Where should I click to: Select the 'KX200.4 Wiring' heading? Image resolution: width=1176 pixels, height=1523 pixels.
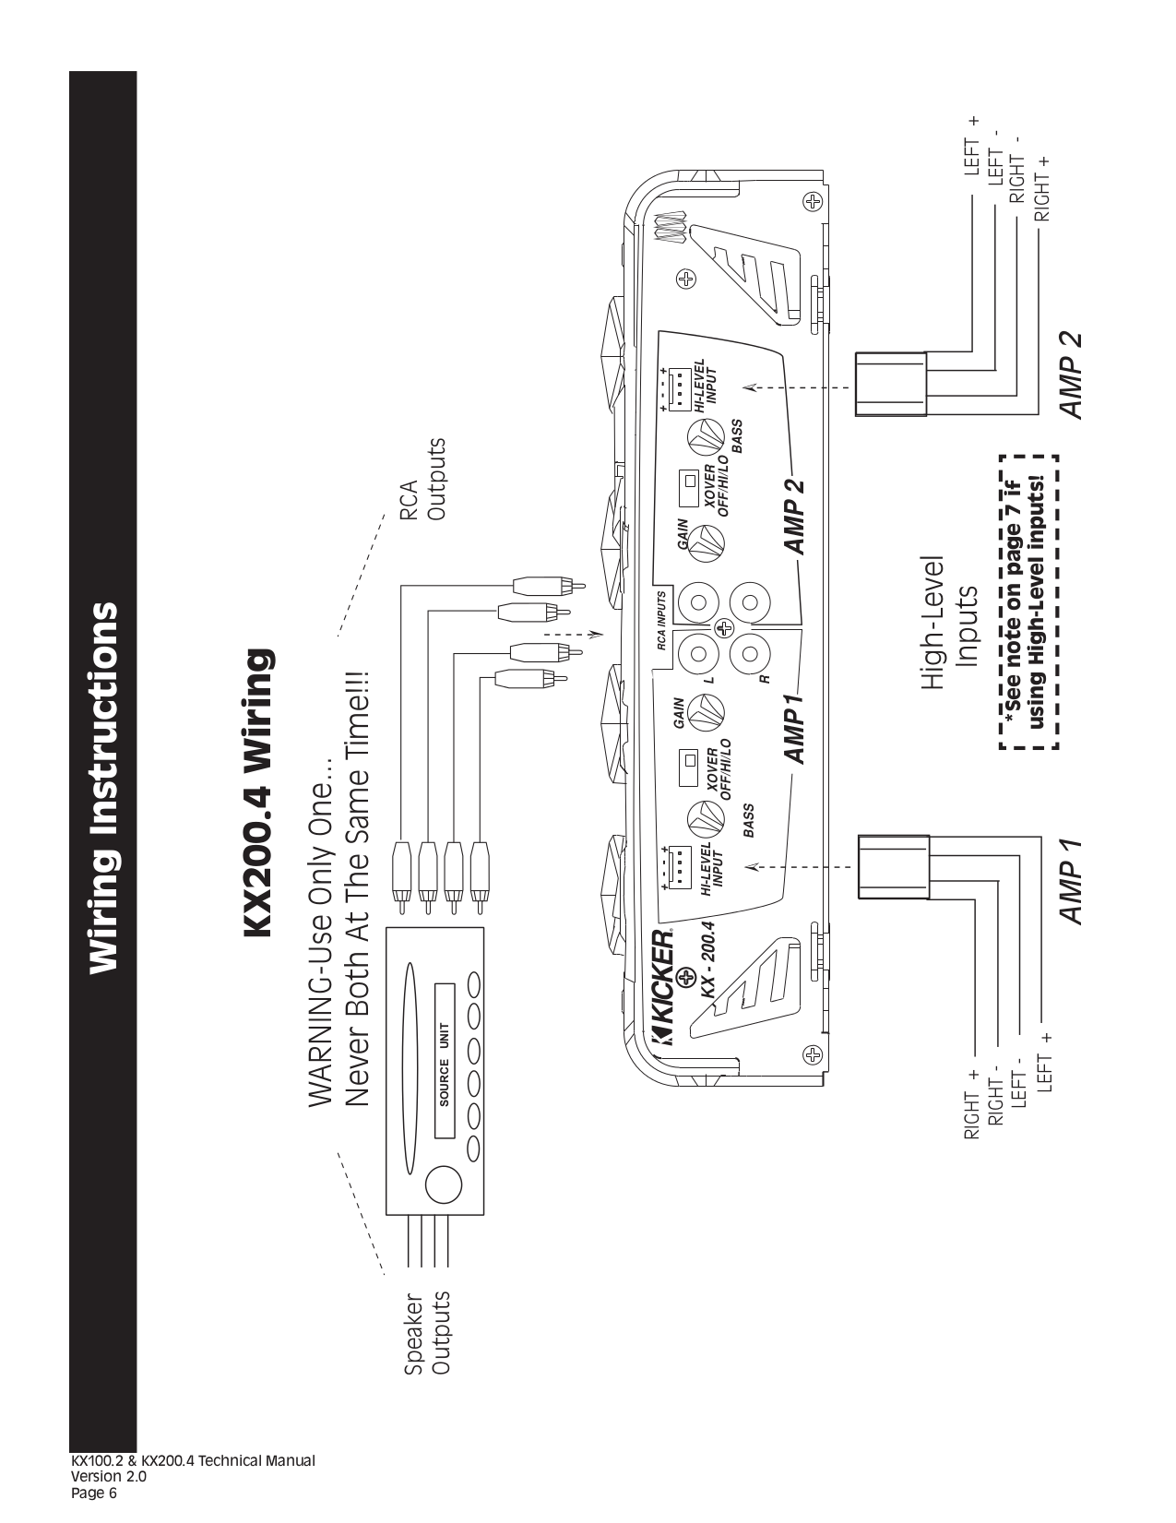[257, 793]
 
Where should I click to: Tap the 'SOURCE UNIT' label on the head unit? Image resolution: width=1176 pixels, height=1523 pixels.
[445, 1064]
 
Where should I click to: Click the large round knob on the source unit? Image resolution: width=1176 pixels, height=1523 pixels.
[442, 1184]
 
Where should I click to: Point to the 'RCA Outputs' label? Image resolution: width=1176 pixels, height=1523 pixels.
[422, 479]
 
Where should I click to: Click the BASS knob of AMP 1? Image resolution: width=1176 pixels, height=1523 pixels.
[706, 819]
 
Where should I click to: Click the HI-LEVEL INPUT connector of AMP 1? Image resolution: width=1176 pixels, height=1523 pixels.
[678, 865]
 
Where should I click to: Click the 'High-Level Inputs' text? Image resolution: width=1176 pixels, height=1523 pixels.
[950, 624]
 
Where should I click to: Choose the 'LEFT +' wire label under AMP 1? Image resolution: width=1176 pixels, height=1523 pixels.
[1045, 1061]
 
